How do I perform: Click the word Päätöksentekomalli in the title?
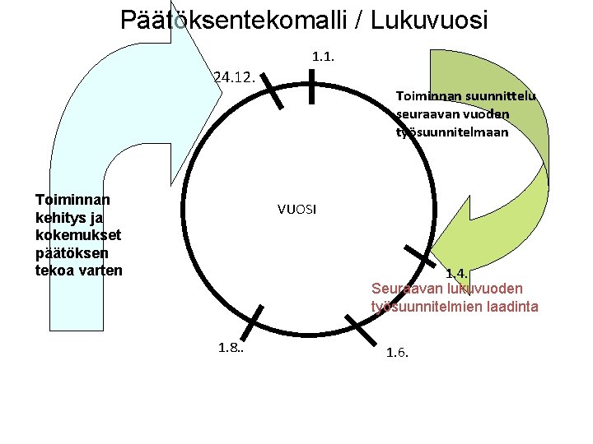point(232,19)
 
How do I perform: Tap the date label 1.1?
point(323,57)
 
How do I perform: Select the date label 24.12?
point(234,78)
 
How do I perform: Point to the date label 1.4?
point(456,273)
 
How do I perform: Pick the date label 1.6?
point(397,353)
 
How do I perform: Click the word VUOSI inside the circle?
point(296,209)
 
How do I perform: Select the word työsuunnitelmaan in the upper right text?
point(452,132)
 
